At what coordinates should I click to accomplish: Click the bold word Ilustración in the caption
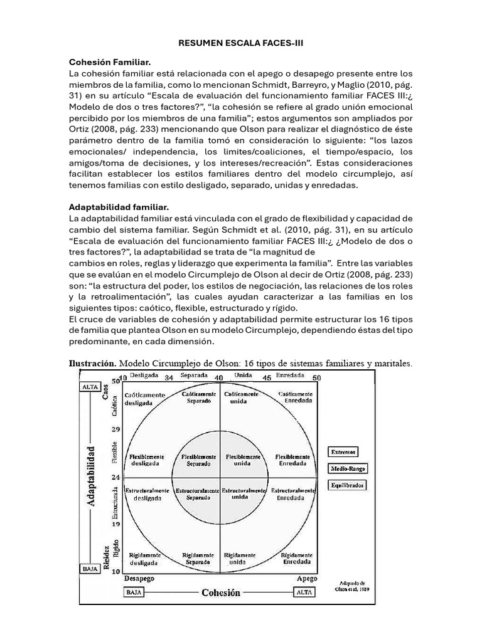pos(92,363)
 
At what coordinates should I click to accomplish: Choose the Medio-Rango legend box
pos(348,468)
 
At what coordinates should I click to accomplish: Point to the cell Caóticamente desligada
pos(145,399)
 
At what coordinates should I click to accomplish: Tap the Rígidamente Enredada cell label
pos(297,559)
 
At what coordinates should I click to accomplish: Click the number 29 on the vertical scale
pos(115,429)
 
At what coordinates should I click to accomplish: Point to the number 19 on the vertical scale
pos(115,524)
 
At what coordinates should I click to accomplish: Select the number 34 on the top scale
pos(168,378)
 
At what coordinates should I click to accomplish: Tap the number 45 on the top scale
pos(267,378)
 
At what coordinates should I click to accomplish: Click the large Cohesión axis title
pos(220,592)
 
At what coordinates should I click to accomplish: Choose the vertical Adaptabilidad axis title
pos(92,476)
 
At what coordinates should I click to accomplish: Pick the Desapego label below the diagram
pos(139,578)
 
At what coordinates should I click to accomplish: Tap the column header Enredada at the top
pos(290,376)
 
